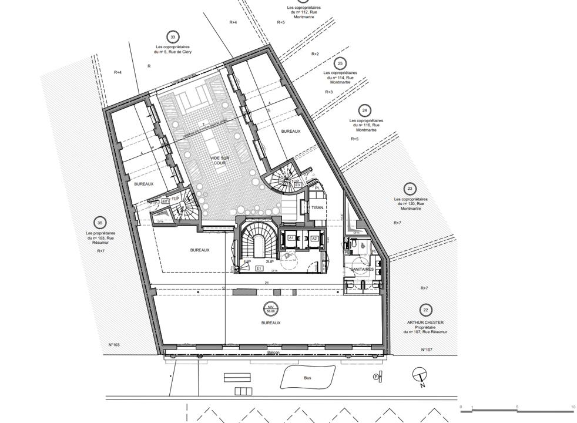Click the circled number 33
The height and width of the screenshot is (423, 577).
tap(172, 37)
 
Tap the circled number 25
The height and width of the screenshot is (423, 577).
tap(340, 63)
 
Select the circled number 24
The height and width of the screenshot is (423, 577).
tap(365, 110)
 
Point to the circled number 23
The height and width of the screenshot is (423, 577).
tap(410, 189)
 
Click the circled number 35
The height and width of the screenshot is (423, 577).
tap(100, 223)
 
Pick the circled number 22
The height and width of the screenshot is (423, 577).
tap(425, 310)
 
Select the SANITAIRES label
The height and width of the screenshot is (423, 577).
tap(363, 269)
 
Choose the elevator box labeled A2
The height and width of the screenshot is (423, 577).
tap(314, 239)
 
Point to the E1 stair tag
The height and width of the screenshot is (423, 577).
tap(259, 268)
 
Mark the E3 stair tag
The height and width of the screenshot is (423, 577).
tap(298, 185)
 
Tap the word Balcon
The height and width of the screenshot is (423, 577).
tap(273, 352)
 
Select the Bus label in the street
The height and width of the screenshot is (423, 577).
tap(307, 379)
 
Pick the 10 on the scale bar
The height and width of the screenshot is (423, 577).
tap(573, 407)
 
